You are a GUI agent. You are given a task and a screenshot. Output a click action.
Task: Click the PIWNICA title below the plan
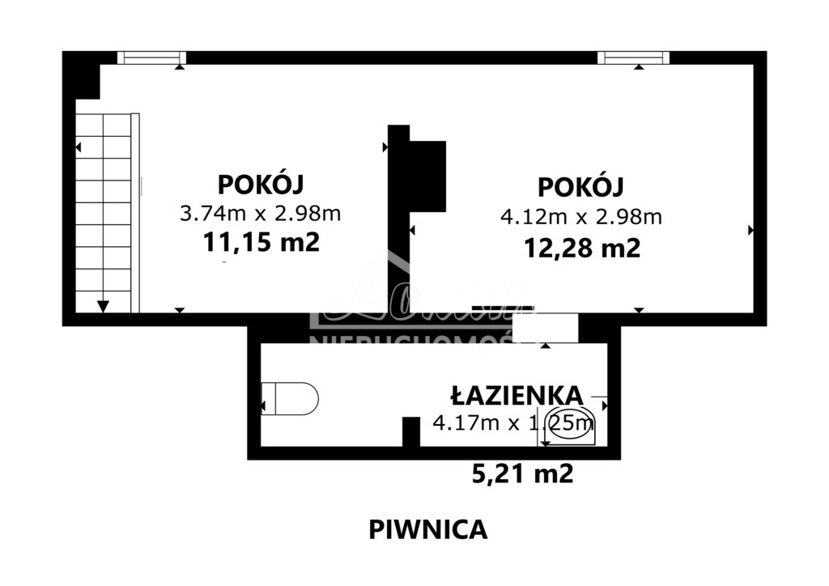428,529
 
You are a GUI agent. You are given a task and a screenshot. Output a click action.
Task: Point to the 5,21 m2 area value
522,473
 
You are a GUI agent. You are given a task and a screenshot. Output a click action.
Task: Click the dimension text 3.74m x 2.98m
260,214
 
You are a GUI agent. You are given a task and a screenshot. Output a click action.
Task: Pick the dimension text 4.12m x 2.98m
580,216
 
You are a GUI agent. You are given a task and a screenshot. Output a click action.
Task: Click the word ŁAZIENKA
516,395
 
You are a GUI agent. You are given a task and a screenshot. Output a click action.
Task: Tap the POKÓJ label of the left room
260,184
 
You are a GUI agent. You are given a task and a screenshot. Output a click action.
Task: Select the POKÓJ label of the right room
580,187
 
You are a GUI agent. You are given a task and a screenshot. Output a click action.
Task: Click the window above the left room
151,57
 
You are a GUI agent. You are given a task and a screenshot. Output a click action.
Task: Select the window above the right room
633,57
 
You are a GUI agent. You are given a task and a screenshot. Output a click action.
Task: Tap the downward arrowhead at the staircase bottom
103,306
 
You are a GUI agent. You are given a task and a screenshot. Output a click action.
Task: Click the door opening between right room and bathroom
545,328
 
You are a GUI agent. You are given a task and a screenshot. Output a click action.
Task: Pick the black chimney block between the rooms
427,176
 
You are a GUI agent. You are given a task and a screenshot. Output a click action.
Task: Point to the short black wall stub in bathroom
411,431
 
